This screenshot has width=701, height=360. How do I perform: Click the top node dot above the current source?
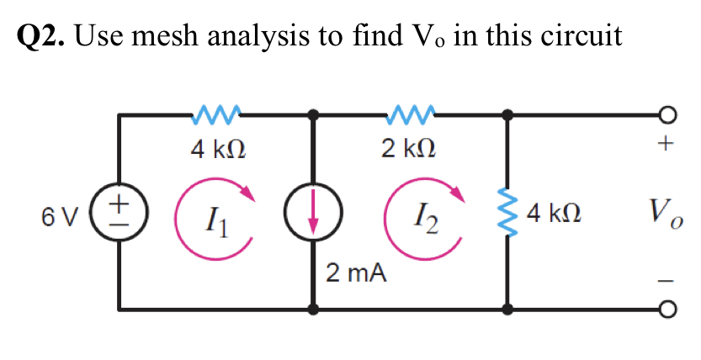coord(314,114)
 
